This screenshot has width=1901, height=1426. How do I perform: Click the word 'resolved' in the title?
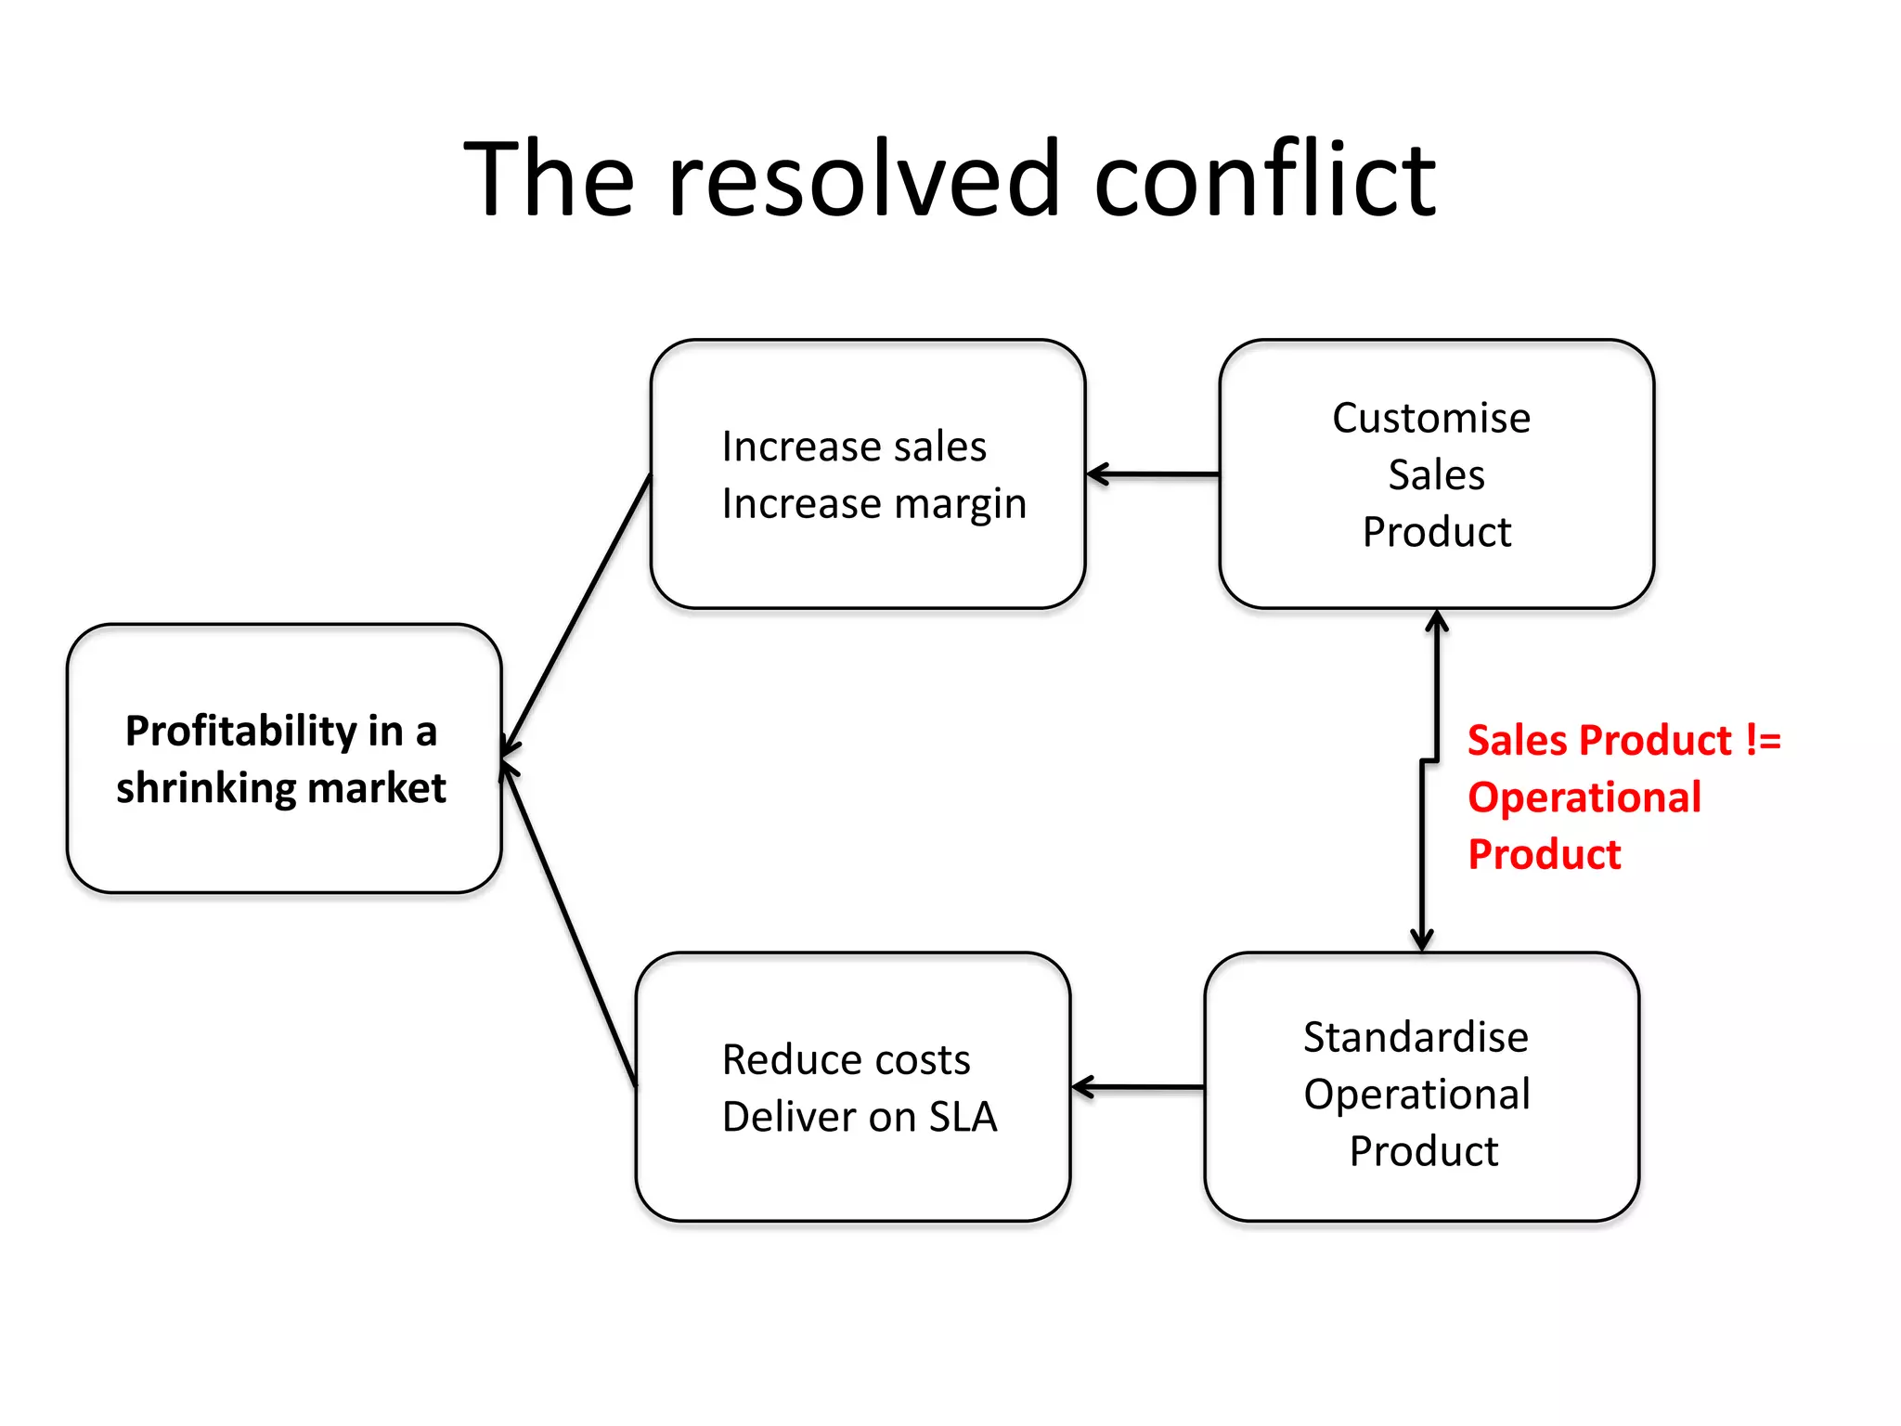pyautogui.click(x=863, y=178)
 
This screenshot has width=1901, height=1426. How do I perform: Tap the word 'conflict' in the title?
pyautogui.click(x=1264, y=178)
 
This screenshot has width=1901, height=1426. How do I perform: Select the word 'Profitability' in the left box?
pyautogui.click(x=240, y=732)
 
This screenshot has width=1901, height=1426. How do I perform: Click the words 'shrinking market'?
pyautogui.click(x=280, y=788)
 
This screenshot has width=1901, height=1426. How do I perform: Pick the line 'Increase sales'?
pyautogui.click(x=854, y=447)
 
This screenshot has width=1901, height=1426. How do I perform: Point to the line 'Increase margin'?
pyautogui.click(x=874, y=504)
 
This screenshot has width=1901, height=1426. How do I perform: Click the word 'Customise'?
pyautogui.click(x=1431, y=418)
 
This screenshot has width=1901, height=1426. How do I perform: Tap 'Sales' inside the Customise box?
pyautogui.click(x=1436, y=475)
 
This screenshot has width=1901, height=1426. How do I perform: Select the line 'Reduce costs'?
pyautogui.click(x=846, y=1059)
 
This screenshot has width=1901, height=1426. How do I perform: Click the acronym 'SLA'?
pyautogui.click(x=963, y=1117)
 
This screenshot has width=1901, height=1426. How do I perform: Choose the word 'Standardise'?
pyautogui.click(x=1416, y=1037)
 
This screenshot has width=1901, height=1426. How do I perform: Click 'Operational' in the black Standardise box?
pyautogui.click(x=1416, y=1095)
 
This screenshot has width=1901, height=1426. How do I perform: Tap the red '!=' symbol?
pyautogui.click(x=1763, y=741)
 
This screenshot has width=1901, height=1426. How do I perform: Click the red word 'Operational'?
pyautogui.click(x=1584, y=797)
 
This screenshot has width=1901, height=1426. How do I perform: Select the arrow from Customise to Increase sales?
pyautogui.click(x=1153, y=474)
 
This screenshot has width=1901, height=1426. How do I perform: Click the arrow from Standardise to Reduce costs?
pyautogui.click(x=1138, y=1087)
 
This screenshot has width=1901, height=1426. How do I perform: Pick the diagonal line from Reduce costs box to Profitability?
pyautogui.click(x=568, y=924)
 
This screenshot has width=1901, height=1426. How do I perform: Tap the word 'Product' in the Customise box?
pyautogui.click(x=1436, y=532)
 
